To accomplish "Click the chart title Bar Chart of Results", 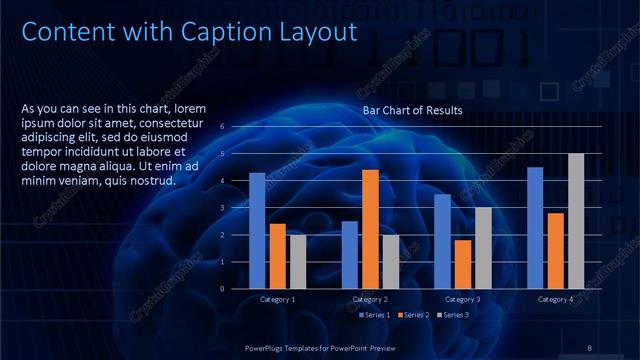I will coord(412,110).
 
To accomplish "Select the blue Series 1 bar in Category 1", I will coord(257,230).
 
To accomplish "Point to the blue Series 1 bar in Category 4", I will coord(535,227).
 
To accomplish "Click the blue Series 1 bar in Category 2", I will coord(349,254).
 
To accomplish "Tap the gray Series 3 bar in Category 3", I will coord(483,247).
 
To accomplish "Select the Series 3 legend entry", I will coord(452,315).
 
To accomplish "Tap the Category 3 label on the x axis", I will coord(463,299).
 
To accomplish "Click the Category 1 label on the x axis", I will coord(278,299).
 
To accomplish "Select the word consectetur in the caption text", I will coord(189,124).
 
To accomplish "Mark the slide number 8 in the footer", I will coord(590,347).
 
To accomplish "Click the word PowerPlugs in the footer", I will coord(269,347).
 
